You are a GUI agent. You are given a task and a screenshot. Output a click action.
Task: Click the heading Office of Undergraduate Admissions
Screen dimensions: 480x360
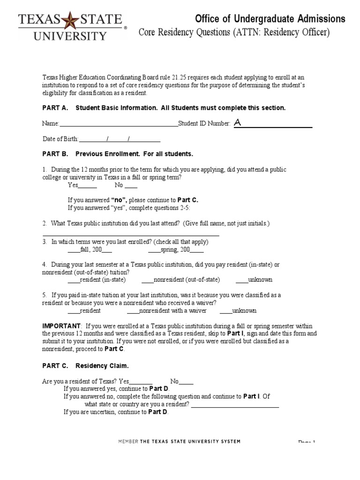tap(270, 19)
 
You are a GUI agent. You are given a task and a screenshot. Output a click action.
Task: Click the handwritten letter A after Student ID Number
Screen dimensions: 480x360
tap(238, 123)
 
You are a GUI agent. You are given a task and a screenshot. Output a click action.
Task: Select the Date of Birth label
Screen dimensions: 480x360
tap(60, 139)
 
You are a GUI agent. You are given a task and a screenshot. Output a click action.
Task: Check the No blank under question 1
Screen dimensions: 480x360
tap(131, 185)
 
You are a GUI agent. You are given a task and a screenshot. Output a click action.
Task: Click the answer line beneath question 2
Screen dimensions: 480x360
tap(131, 234)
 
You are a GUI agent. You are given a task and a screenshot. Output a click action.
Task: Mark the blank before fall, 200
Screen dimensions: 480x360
tap(74, 250)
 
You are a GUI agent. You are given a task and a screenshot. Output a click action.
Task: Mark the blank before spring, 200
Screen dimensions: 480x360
tap(154, 250)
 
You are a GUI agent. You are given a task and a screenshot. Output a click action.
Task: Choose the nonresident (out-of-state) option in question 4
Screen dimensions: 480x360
tap(147, 280)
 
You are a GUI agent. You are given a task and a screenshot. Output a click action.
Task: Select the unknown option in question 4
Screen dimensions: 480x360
tap(241, 280)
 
